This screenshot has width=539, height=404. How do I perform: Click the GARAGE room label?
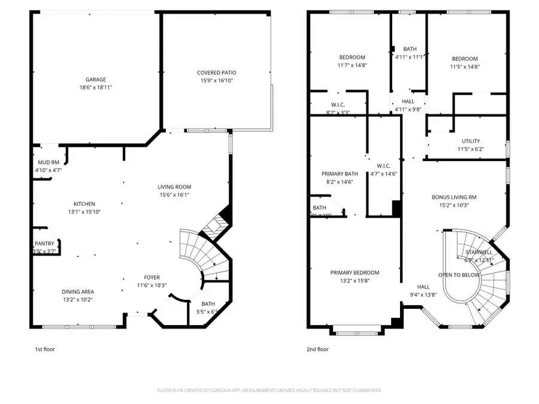(x=95, y=79)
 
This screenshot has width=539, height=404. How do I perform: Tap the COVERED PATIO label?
(x=216, y=72)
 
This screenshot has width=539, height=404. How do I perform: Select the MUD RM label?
(x=48, y=162)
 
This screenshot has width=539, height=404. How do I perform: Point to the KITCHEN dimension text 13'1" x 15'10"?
(x=84, y=211)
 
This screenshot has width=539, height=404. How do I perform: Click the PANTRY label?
(x=44, y=244)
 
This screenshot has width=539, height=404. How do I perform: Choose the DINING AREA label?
(x=77, y=291)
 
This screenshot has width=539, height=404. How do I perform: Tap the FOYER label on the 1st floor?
(x=152, y=277)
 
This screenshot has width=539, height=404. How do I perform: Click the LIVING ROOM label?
(x=175, y=187)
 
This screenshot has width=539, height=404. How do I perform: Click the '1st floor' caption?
(x=45, y=349)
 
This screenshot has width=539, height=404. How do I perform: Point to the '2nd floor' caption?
(x=317, y=349)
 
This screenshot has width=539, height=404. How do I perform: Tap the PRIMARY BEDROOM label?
(x=355, y=273)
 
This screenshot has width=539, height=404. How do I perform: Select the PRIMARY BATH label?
(x=336, y=174)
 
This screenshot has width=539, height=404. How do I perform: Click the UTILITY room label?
(x=470, y=141)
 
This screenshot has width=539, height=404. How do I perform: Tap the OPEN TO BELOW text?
(x=458, y=275)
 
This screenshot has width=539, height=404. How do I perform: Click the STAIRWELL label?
(x=479, y=252)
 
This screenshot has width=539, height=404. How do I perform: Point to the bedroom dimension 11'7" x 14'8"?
(x=350, y=66)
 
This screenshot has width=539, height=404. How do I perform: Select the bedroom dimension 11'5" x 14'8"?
(x=465, y=66)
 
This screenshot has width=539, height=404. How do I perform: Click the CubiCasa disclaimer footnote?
(x=269, y=390)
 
